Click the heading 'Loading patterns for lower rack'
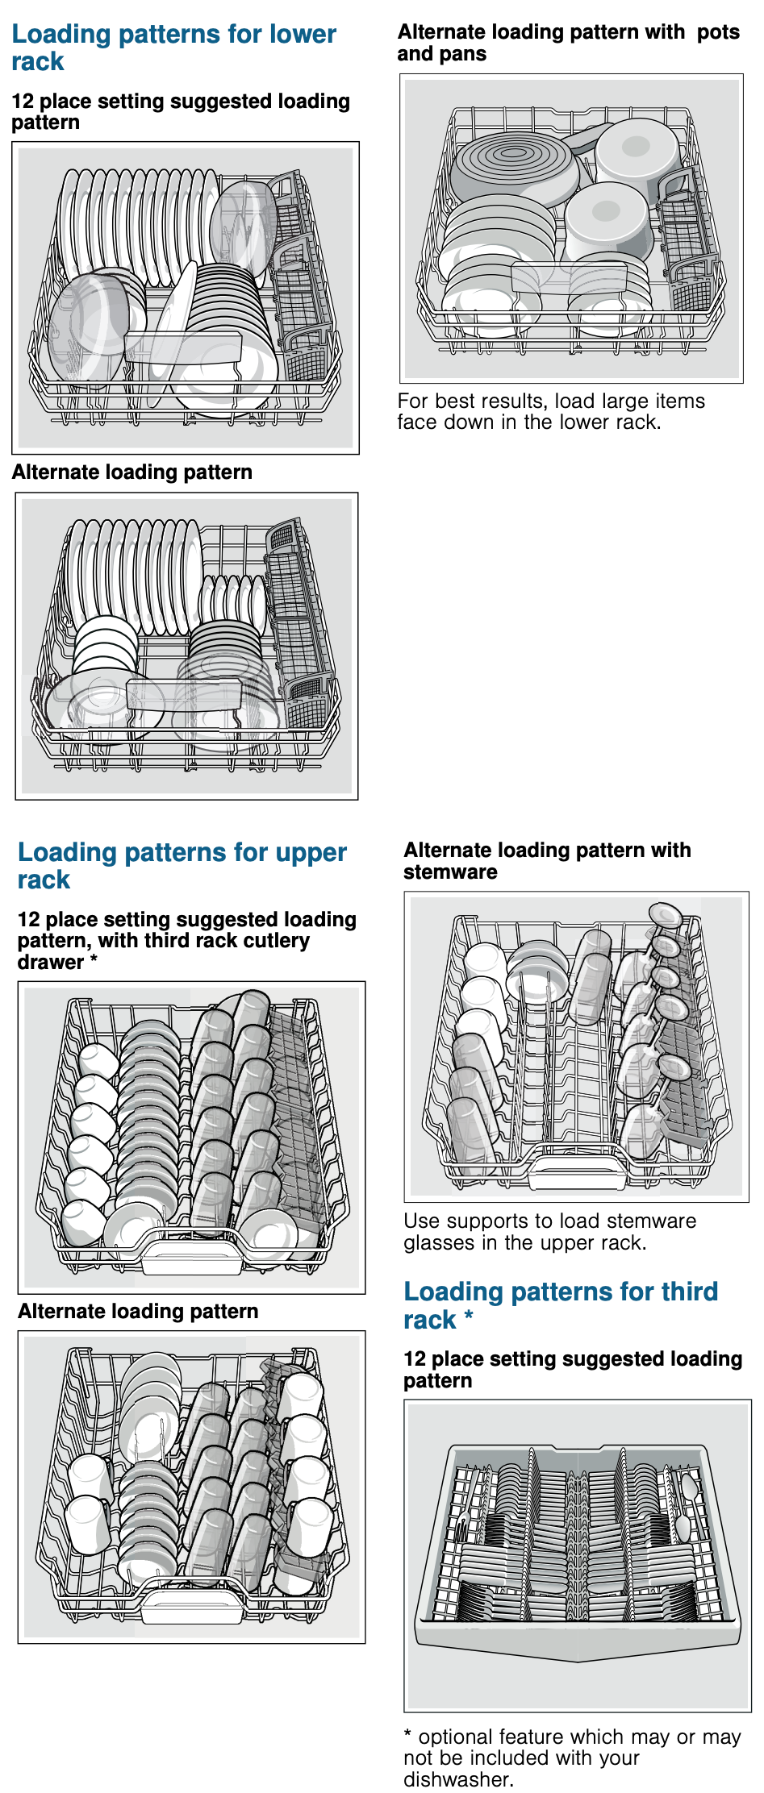click(x=173, y=48)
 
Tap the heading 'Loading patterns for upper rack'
click(x=182, y=866)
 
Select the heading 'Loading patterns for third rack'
click(x=560, y=1305)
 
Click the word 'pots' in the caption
click(x=718, y=32)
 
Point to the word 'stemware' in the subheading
click(x=450, y=872)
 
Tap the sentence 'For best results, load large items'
click(x=551, y=401)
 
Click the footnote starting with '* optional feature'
click(x=572, y=1758)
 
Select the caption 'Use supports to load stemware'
click(x=549, y=1221)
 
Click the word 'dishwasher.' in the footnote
click(x=458, y=1779)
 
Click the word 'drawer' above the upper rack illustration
click(x=50, y=963)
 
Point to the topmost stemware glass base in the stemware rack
click(x=666, y=915)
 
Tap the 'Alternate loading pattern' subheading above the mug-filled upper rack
click(x=138, y=1312)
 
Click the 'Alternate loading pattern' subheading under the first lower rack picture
click(x=132, y=472)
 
